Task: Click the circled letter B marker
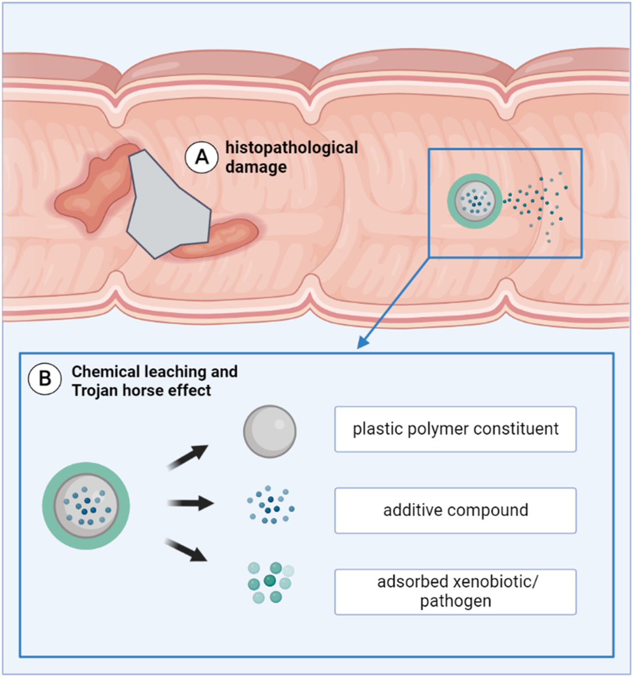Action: tap(44, 379)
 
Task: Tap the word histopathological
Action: tap(291, 148)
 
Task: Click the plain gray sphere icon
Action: tap(269, 432)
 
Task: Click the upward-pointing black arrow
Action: tap(188, 457)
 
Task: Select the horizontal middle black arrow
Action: tap(191, 503)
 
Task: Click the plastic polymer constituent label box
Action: tap(455, 429)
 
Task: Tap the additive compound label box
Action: tap(455, 511)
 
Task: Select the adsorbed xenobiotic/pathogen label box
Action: tap(455, 591)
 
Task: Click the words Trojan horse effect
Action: tap(141, 390)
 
